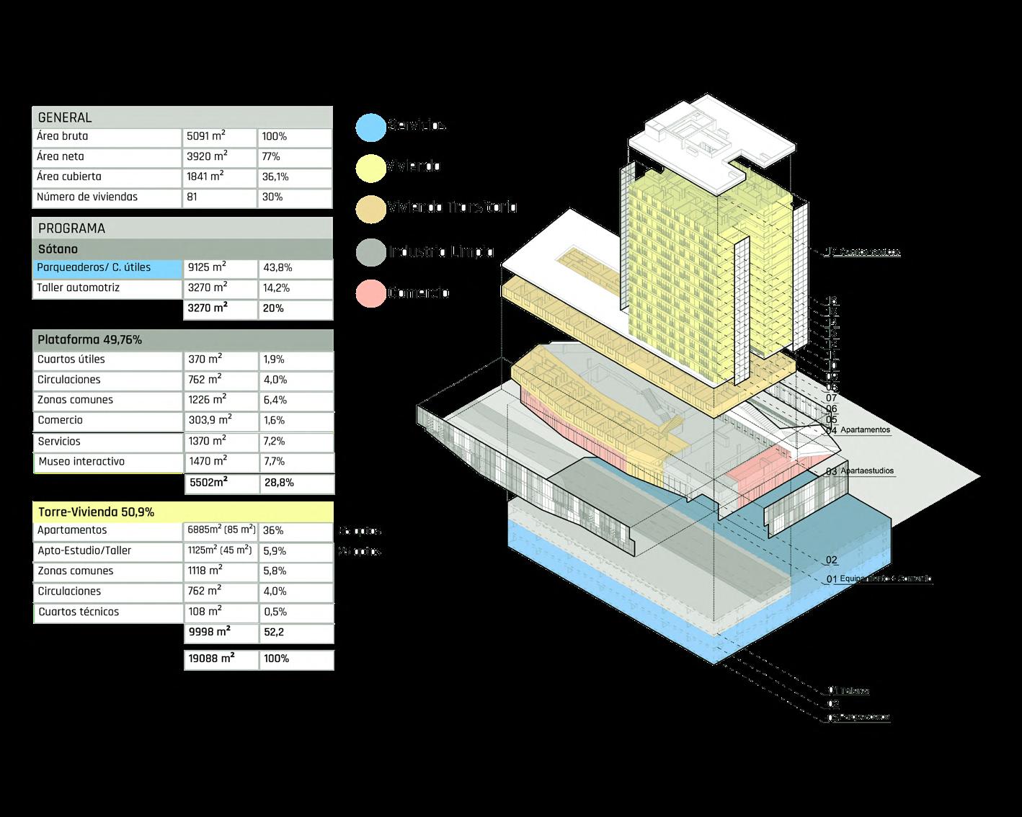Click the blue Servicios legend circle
[371, 126]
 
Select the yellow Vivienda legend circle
[371, 167]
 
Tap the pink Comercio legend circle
[371, 293]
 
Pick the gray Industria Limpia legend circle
[371, 251]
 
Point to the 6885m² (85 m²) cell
[221, 530]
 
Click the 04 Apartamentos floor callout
[859, 430]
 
